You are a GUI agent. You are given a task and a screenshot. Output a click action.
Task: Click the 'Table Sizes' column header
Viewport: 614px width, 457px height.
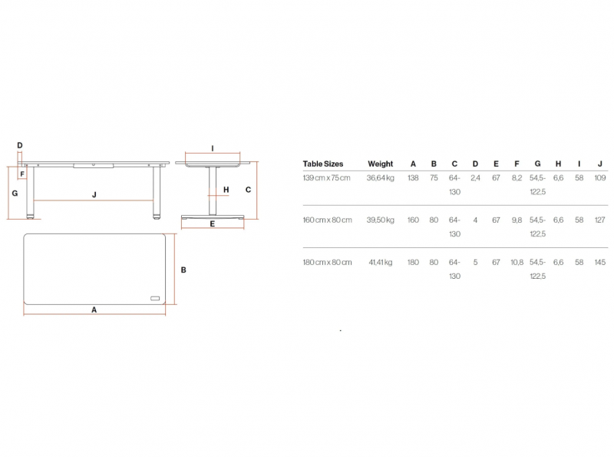pyautogui.click(x=322, y=164)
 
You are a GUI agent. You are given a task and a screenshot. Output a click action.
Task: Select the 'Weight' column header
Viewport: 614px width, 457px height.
pyautogui.click(x=380, y=164)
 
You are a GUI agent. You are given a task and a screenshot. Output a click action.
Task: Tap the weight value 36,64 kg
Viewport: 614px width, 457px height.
pyautogui.click(x=380, y=178)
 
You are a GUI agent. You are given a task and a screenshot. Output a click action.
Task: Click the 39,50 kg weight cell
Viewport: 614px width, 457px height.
pyautogui.click(x=380, y=220)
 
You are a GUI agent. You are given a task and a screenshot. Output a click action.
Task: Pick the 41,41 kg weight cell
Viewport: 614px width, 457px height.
pyautogui.click(x=380, y=262)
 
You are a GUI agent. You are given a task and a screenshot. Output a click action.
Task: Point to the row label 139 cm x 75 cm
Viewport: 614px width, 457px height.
pyautogui.click(x=326, y=178)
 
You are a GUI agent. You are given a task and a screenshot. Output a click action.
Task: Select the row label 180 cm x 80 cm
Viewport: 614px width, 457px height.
pyautogui.click(x=327, y=262)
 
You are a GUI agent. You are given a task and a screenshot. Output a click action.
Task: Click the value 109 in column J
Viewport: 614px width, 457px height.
pyautogui.click(x=600, y=178)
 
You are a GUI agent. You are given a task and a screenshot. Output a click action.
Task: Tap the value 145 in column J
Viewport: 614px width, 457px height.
pyautogui.click(x=600, y=262)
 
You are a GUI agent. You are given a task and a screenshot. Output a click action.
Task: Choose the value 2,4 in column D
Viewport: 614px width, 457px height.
pyautogui.click(x=475, y=178)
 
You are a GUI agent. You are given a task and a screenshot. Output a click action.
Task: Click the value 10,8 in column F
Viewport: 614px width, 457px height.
pyautogui.click(x=517, y=262)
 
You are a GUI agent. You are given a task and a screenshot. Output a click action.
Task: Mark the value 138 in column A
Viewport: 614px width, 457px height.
pyautogui.click(x=413, y=178)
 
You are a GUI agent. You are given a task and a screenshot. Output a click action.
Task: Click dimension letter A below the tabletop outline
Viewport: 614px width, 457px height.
pyautogui.click(x=94, y=310)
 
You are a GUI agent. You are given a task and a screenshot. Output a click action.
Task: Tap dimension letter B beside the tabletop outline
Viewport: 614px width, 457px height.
pyautogui.click(x=183, y=270)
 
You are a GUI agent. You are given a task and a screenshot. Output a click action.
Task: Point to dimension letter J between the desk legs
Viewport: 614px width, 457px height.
pyautogui.click(x=94, y=194)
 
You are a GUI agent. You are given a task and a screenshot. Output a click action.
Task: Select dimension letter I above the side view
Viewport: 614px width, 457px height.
pyautogui.click(x=213, y=148)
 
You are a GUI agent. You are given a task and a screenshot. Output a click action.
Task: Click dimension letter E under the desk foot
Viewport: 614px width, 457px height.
pyautogui.click(x=213, y=224)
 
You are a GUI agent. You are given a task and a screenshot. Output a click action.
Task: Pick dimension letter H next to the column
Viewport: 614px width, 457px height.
pyautogui.click(x=226, y=190)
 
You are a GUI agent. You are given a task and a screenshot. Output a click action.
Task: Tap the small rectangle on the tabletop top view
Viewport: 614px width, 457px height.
pyautogui.click(x=155, y=299)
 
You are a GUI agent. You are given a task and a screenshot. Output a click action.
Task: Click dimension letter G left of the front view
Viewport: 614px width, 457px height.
pyautogui.click(x=15, y=193)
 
